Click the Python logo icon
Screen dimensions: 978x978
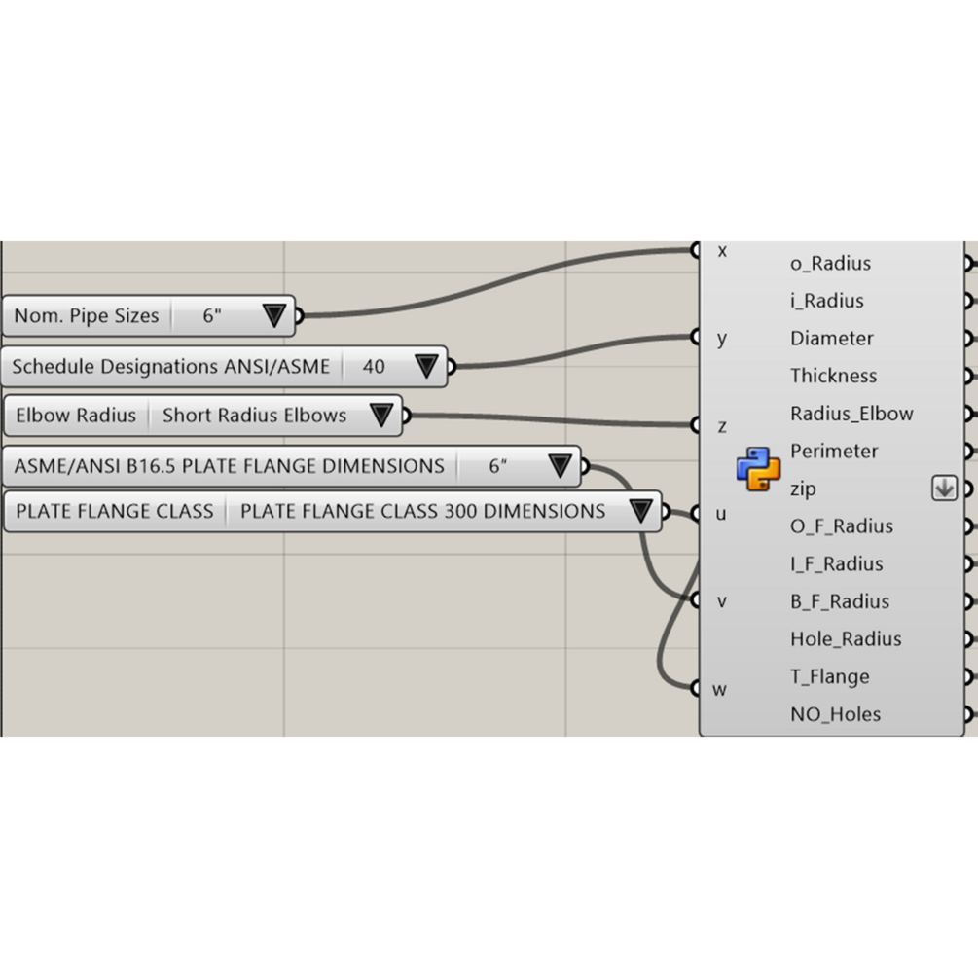(758, 468)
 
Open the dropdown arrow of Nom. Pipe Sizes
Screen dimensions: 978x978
(273, 315)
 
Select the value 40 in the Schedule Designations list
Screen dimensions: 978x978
(374, 367)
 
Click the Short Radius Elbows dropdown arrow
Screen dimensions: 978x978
(381, 416)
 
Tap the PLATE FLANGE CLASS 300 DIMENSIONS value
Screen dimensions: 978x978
(422, 511)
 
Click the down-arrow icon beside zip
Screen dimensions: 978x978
(944, 489)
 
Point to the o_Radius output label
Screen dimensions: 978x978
(830, 263)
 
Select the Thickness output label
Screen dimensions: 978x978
(833, 376)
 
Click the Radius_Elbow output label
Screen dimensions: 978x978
(851, 414)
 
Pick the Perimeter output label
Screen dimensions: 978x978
(834, 452)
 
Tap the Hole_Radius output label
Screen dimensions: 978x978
(846, 639)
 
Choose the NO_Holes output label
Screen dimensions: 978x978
(835, 714)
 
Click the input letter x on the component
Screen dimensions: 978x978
(722, 250)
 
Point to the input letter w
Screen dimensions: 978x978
(720, 689)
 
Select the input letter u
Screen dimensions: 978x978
(721, 514)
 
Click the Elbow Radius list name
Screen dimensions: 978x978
(76, 416)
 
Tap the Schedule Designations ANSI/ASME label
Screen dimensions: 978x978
(170, 367)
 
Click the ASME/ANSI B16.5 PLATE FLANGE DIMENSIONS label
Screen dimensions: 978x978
(229, 466)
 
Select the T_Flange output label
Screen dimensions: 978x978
(829, 676)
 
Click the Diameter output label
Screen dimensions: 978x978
(832, 339)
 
